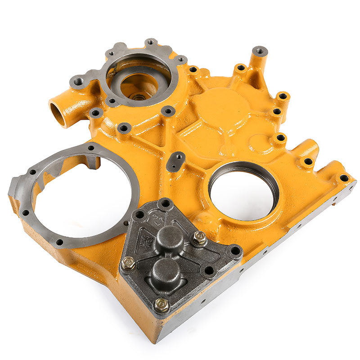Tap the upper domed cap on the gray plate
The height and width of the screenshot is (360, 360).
click(x=170, y=237)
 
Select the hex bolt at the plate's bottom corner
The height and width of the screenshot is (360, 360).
click(x=162, y=306)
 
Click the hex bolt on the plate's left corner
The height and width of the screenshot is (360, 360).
click(x=128, y=264)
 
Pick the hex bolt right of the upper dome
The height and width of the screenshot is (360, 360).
click(x=199, y=238)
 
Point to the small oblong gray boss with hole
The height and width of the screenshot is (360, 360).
click(x=175, y=161)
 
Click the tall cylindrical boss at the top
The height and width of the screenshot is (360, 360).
click(x=260, y=52)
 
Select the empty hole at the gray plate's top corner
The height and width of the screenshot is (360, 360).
click(x=165, y=203)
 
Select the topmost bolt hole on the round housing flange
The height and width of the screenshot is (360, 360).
click(x=151, y=43)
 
